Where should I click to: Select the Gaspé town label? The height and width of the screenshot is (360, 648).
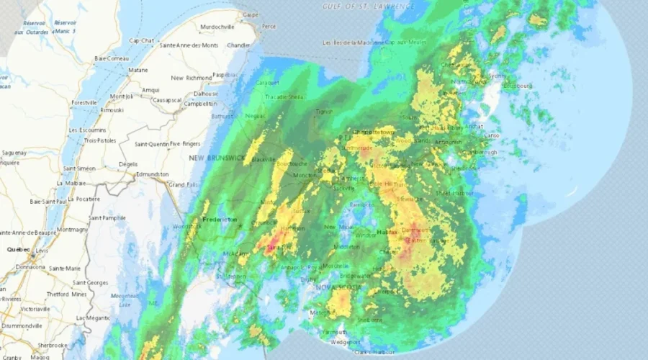click(x=251, y=14)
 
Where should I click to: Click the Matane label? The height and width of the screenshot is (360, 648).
click(x=138, y=70)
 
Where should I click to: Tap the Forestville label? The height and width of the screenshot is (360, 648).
click(x=84, y=103)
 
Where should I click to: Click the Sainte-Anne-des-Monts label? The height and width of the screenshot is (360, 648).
click(x=189, y=45)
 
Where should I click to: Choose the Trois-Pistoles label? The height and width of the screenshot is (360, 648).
click(x=100, y=140)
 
